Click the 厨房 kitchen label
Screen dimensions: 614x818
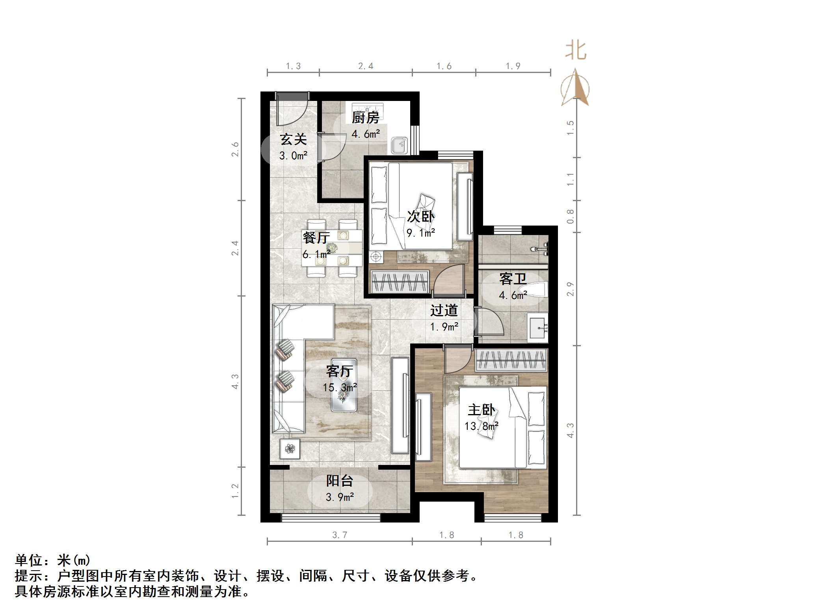click(x=365, y=118)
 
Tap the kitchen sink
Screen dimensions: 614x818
click(x=399, y=146)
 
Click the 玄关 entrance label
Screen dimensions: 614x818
click(x=293, y=139)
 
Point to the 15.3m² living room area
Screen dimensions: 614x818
click(x=340, y=388)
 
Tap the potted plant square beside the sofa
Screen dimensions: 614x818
click(x=290, y=448)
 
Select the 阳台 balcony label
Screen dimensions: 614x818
click(x=339, y=481)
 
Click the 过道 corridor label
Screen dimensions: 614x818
click(x=444, y=311)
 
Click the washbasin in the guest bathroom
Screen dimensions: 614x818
click(x=538, y=327)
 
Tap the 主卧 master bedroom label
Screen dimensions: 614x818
click(x=481, y=410)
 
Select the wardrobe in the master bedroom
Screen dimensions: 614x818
click(x=511, y=360)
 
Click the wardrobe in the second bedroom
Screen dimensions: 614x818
click(x=400, y=282)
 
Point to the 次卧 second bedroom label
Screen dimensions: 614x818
click(x=420, y=216)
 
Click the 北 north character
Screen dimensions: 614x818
click(x=576, y=51)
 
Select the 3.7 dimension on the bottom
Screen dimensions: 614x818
click(x=339, y=535)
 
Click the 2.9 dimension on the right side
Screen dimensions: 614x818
click(x=570, y=289)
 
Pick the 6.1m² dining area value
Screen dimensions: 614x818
click(x=316, y=254)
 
